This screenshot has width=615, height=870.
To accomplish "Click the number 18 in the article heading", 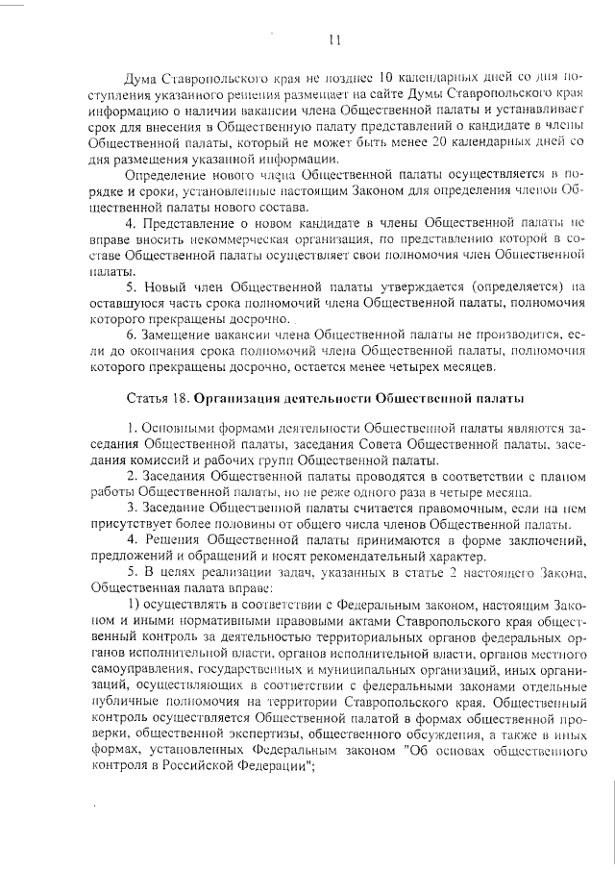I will pyautogui.click(x=178, y=397).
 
